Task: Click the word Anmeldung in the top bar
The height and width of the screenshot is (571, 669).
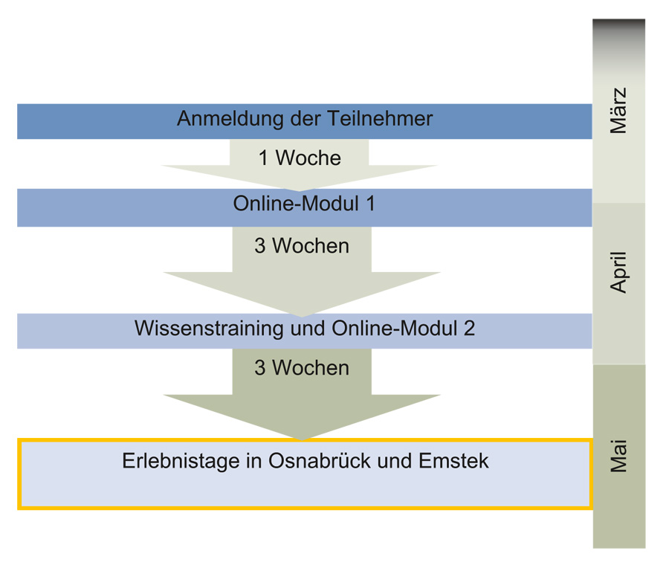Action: coord(230,119)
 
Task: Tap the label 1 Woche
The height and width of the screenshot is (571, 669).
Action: coord(300,158)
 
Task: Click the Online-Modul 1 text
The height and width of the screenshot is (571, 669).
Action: coord(304,203)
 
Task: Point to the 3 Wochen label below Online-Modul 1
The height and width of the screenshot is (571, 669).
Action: coord(302,246)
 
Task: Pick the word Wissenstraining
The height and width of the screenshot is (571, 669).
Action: coord(209,329)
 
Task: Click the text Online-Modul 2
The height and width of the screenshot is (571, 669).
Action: coord(403,328)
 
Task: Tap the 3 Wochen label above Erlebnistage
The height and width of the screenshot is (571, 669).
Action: coord(302,368)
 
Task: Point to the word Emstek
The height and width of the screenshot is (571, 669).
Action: coord(453,461)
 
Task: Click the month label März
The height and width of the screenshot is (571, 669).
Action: coord(618,111)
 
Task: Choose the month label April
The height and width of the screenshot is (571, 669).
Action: coord(618,272)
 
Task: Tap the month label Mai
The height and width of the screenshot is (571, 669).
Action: coord(618,457)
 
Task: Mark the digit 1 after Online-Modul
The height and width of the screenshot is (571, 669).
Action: coord(370,203)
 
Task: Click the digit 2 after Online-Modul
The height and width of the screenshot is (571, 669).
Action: coord(469,328)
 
